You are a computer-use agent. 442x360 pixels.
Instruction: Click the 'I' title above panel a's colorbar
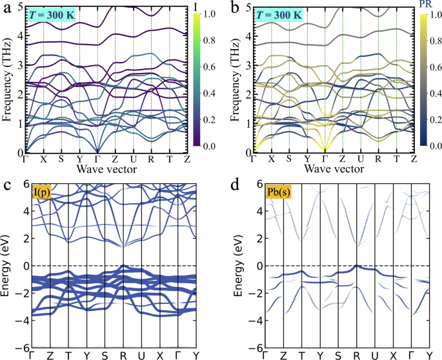click(x=196, y=6)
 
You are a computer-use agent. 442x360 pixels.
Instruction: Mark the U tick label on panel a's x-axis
click(x=133, y=159)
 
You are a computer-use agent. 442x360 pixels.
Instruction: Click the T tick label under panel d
click(x=302, y=354)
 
